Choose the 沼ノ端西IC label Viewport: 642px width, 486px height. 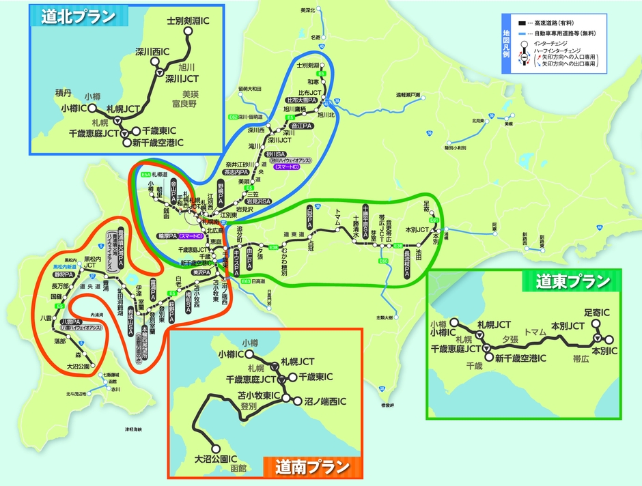coord(326,401)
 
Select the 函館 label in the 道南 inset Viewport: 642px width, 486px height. coord(238,469)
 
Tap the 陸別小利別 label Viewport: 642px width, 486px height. coord(455,147)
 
